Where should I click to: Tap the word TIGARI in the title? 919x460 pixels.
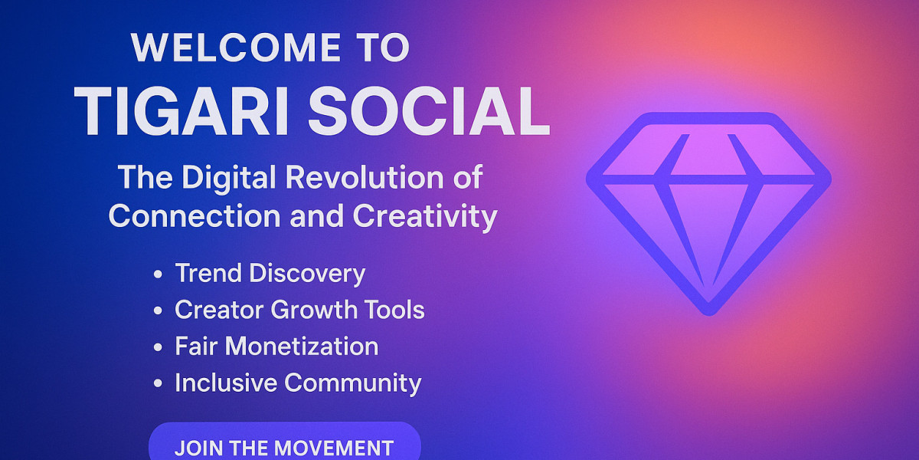coord(182,111)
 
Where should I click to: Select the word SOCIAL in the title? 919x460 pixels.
coord(429,111)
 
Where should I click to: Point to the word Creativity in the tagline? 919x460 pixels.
coord(424,216)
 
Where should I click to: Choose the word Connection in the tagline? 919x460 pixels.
coord(195,216)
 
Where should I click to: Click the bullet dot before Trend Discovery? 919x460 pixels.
coord(158,274)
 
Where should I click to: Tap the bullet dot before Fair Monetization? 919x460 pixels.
coord(158,347)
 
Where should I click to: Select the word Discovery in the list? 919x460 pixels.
coord(307,273)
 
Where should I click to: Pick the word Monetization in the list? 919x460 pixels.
coord(302,347)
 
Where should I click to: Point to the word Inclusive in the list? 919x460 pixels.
coord(226,383)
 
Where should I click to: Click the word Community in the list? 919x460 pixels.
coord(353,383)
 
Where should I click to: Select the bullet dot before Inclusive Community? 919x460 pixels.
coord(158,383)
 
